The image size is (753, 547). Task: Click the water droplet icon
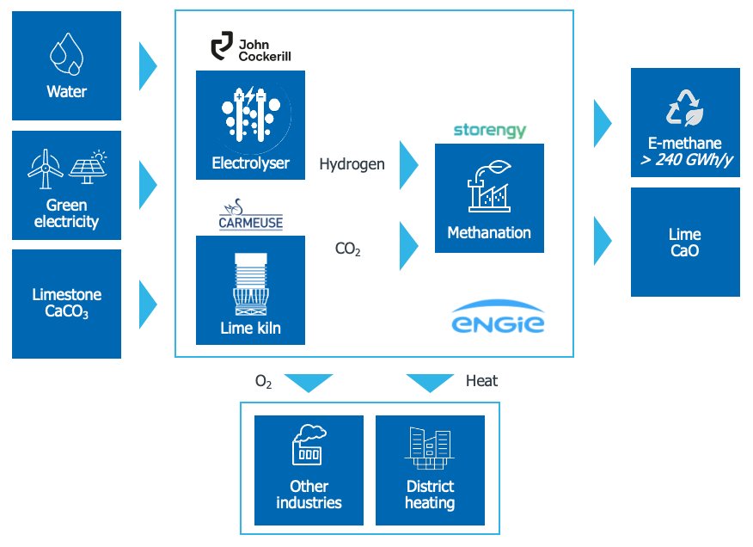point(67,54)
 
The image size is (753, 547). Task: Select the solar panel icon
point(87,168)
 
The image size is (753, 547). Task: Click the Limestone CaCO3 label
point(67,304)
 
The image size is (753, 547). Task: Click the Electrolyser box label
point(250,162)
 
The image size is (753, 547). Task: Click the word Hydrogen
point(352,163)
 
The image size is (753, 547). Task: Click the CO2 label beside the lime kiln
point(347,250)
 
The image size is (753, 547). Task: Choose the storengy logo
point(489,132)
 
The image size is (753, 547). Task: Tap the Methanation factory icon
point(489,187)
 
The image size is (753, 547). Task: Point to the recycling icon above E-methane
point(685,108)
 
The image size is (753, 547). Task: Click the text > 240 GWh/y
point(685,159)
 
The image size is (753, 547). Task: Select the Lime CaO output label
point(685,243)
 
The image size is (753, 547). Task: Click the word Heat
point(481,380)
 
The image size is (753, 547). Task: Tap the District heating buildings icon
point(430,450)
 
